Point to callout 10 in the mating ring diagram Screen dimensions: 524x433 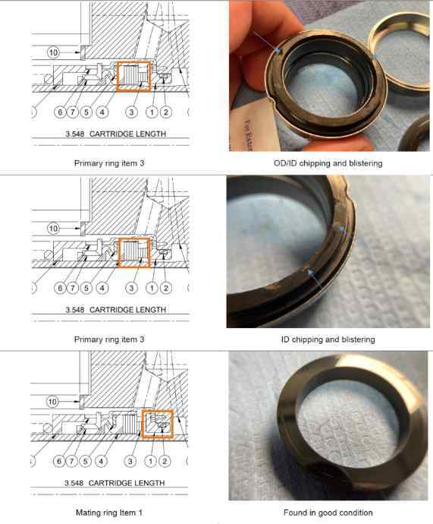[53, 402]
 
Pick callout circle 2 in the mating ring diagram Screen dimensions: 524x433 [165, 462]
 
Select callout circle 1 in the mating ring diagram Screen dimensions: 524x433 [152, 462]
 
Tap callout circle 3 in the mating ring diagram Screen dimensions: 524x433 [130, 462]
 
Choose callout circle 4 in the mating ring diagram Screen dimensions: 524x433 [101, 462]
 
